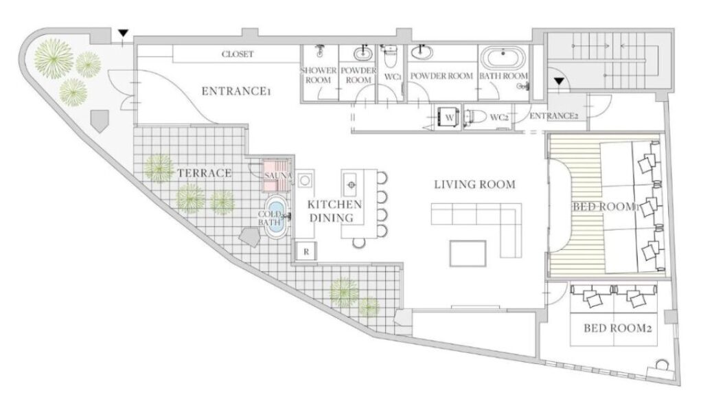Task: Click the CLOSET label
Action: tap(238, 54)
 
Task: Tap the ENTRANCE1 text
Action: tap(236, 91)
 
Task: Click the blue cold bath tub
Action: tap(277, 216)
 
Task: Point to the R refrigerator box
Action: tap(306, 251)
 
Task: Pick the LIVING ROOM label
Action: tap(475, 184)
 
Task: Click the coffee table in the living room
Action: tap(468, 253)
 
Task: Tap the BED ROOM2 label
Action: tap(617, 328)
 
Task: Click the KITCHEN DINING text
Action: tap(334, 211)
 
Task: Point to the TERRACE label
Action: tap(205, 173)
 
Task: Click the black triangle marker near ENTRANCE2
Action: tap(559, 81)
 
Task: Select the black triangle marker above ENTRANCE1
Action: tap(124, 33)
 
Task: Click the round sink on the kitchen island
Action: tap(351, 184)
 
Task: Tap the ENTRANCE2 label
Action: tap(554, 116)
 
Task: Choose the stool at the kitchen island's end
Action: tap(358, 242)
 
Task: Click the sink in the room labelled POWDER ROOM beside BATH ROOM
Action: tap(421, 54)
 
